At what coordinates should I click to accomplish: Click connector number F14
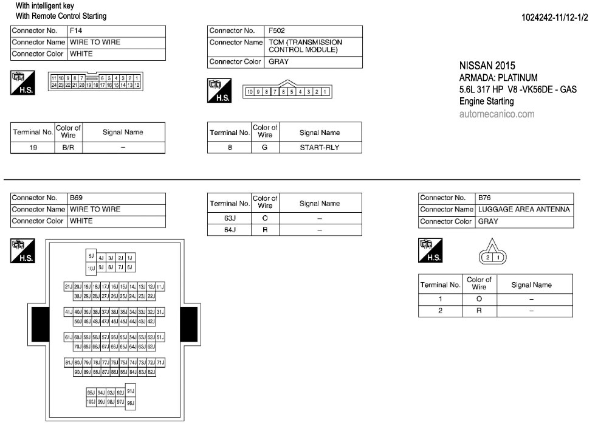pos(76,30)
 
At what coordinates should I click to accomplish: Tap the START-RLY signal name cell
pos(319,147)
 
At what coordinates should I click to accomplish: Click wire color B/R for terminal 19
pos(68,147)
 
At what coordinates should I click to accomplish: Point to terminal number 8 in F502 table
pos(230,147)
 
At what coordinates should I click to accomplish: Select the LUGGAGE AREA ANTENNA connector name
pos(523,210)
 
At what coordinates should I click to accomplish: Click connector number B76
pos(484,198)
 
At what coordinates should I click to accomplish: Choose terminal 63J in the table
pos(230,218)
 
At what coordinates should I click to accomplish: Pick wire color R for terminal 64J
pos(265,230)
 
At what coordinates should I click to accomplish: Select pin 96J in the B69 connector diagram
pos(131,402)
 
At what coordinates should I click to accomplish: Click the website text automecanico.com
pos(497,114)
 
